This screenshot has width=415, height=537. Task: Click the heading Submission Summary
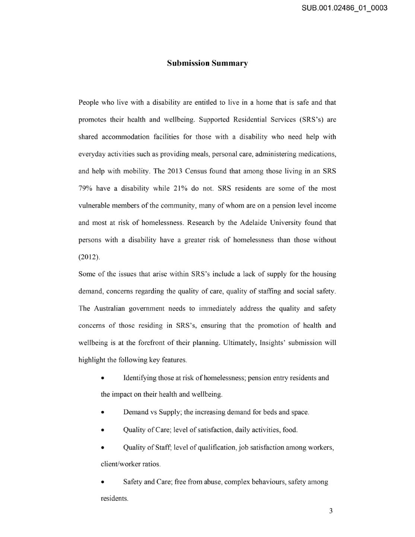pos(207,63)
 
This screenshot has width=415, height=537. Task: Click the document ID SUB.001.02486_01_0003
pos(345,7)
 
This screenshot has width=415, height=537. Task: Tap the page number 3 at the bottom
pos(331,511)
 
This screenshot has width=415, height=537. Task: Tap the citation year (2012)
pos(89,257)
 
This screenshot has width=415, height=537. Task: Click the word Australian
pos(109,308)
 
